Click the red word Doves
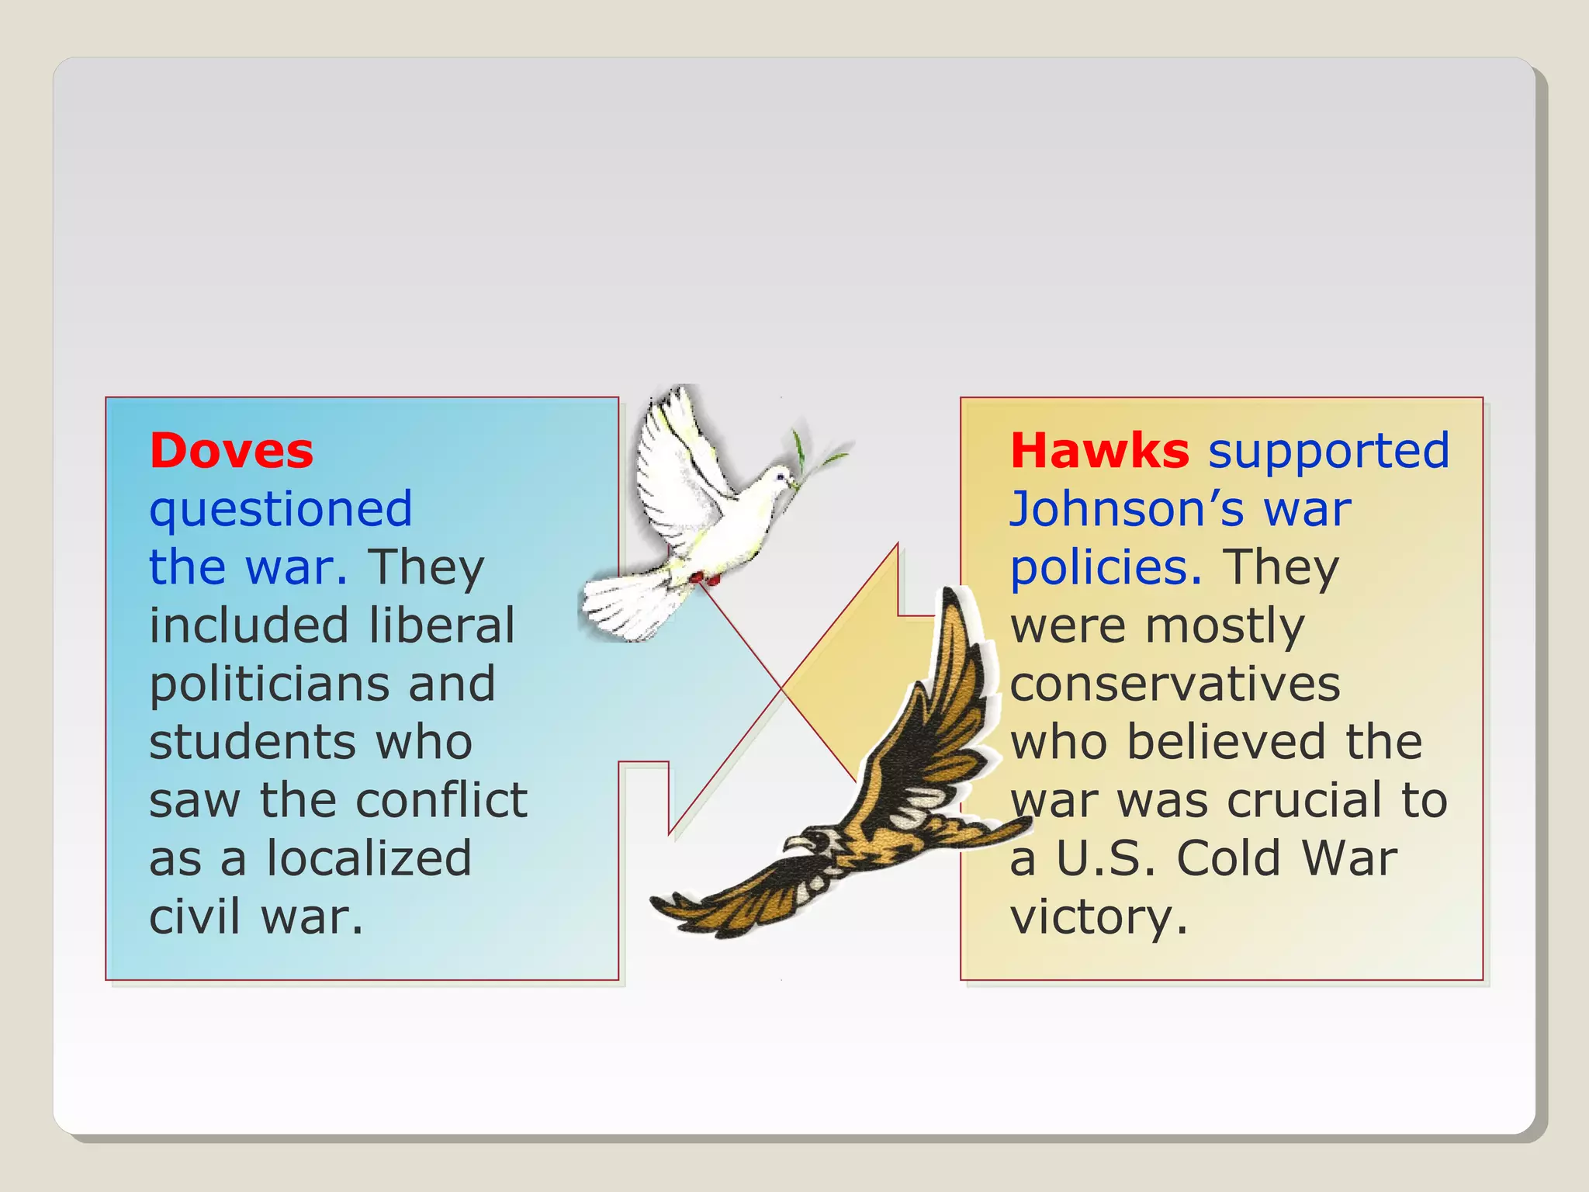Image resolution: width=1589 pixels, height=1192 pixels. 231,451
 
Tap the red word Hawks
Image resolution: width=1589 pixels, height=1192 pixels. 1099,451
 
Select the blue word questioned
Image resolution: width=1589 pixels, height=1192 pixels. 280,510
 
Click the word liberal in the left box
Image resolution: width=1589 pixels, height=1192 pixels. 441,625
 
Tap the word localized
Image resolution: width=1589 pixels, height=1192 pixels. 369,858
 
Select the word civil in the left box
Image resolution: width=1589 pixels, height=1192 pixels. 194,917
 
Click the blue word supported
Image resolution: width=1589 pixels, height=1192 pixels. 1328,451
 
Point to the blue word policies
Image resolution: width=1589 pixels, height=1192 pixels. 1106,568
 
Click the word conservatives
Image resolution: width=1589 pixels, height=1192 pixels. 1175,684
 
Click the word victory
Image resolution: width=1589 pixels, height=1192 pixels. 1098,917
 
